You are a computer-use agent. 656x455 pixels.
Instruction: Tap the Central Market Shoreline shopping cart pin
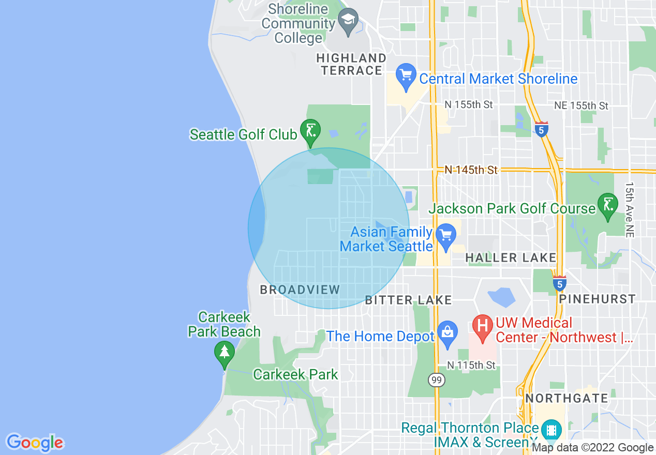406,77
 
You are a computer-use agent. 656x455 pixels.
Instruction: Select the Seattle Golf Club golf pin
310,132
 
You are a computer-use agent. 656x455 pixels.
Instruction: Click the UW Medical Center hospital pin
482,328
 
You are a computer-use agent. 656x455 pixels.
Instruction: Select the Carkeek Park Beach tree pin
224,353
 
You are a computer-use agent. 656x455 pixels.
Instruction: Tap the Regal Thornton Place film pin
551,430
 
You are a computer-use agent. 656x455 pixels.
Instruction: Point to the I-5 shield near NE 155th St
541,129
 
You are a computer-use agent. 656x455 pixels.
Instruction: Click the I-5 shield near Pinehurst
559,283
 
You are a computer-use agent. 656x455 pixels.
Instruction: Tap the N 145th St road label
471,170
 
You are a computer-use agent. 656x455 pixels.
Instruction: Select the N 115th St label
471,365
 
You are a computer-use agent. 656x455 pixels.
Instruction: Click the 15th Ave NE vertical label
629,209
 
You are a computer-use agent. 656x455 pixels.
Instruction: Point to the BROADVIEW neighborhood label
300,290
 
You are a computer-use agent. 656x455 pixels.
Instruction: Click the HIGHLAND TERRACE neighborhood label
351,64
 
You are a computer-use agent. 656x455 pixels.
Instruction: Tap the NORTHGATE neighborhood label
566,398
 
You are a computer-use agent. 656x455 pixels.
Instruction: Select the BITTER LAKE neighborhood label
408,300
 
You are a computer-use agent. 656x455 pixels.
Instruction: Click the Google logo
35,443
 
